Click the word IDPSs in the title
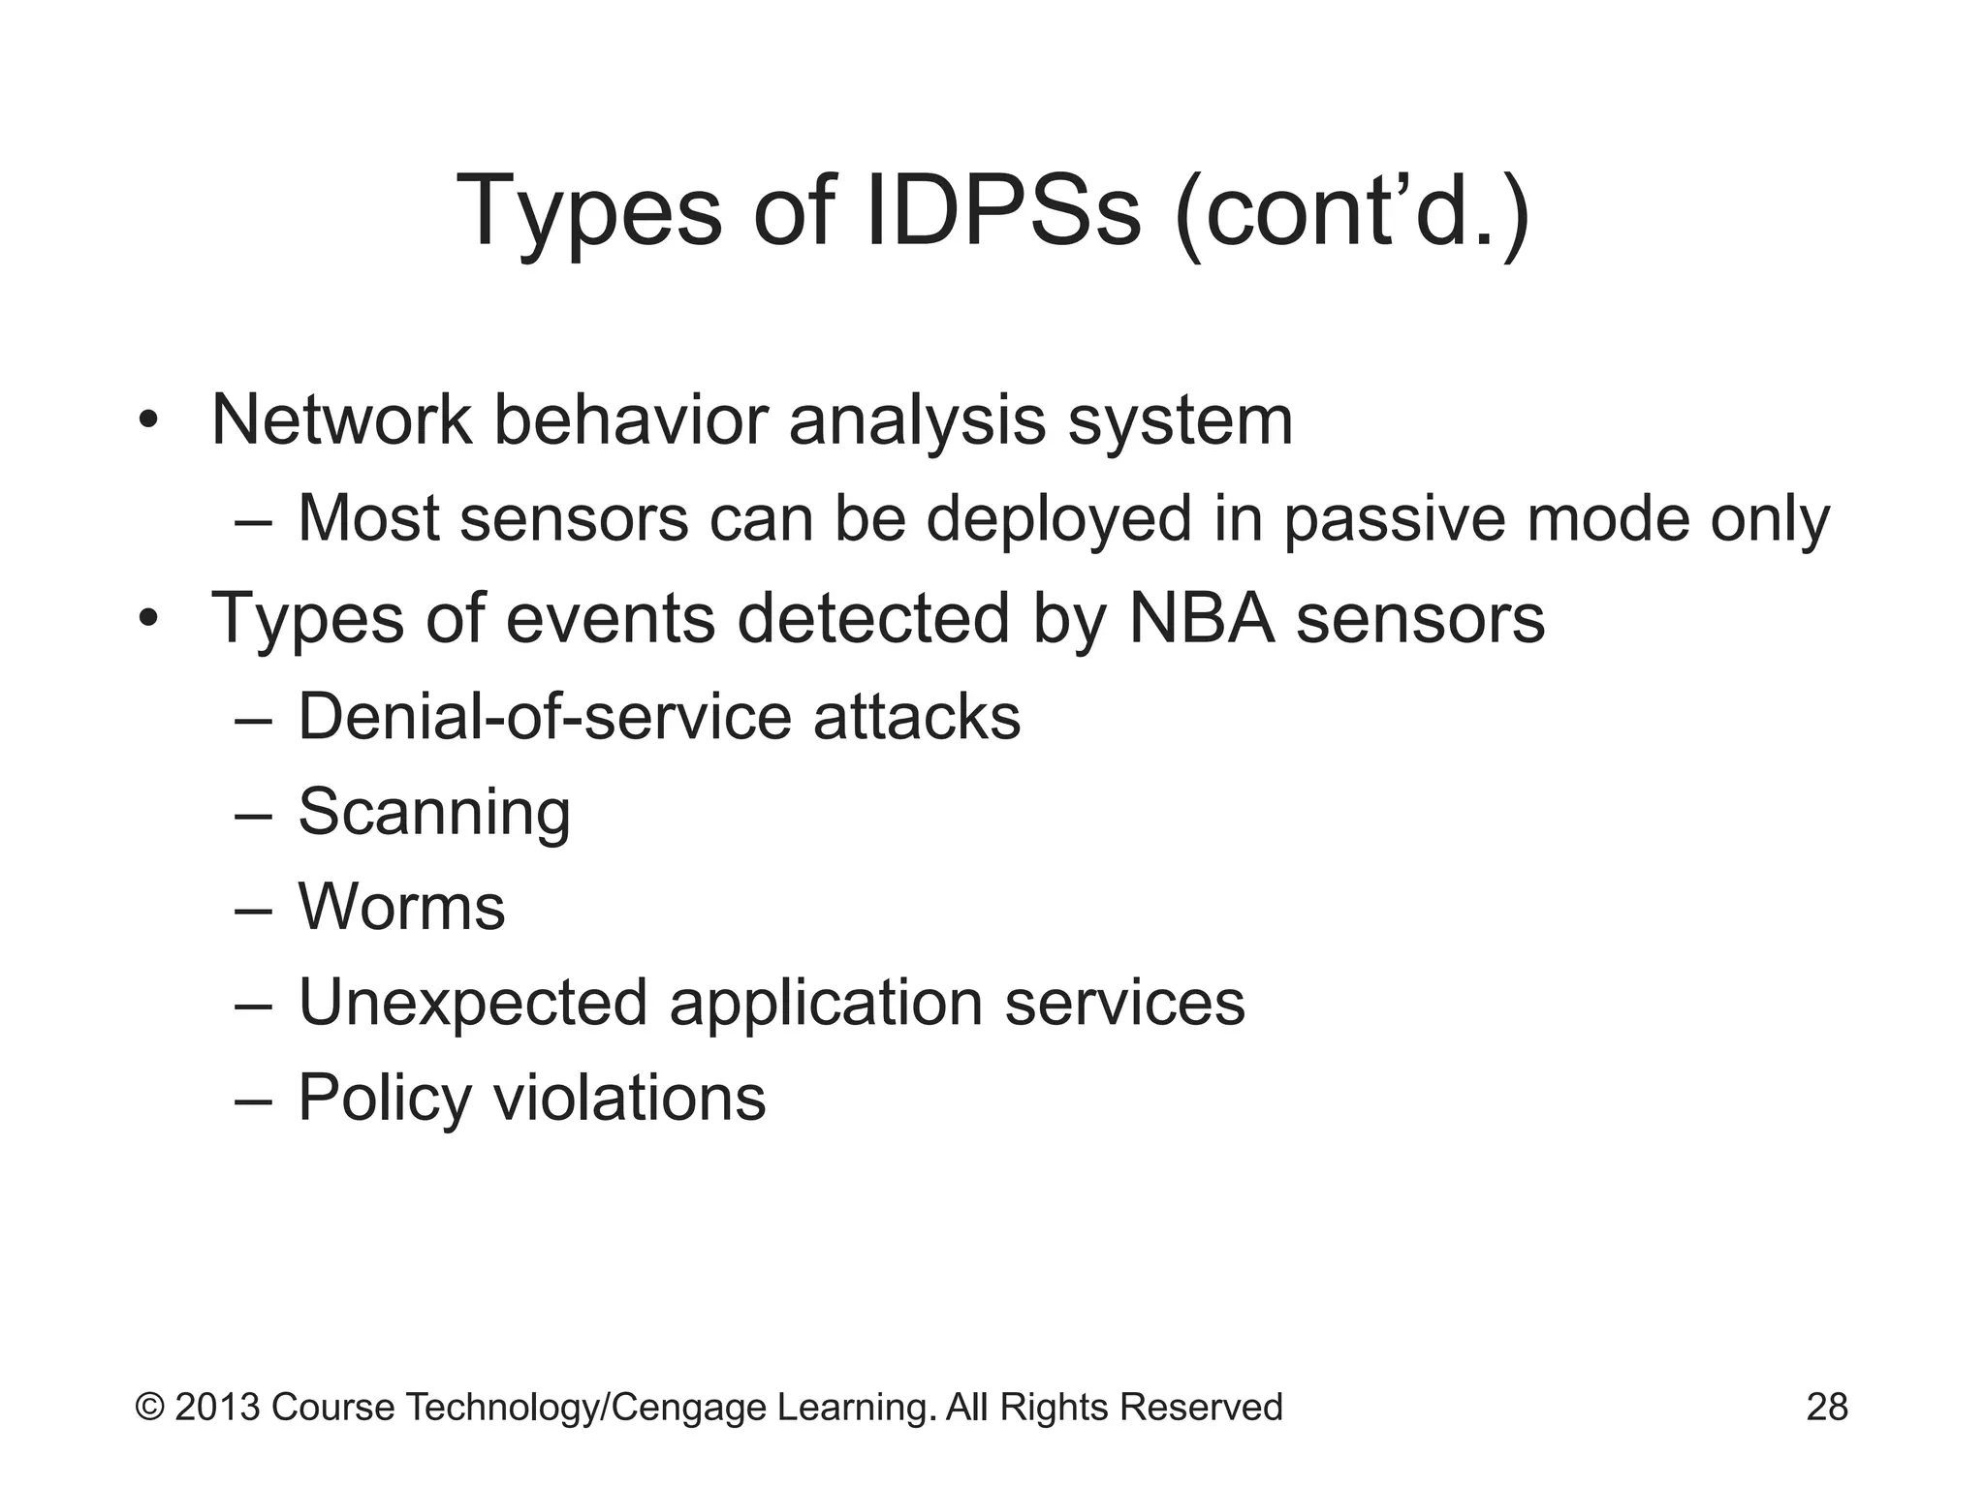coord(1002,211)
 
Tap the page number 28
coord(1827,1407)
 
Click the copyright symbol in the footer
coord(149,1407)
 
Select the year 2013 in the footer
coord(217,1407)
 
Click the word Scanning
coord(434,812)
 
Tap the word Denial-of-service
coord(545,717)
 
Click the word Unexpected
coord(473,1002)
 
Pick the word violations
coord(630,1097)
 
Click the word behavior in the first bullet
coord(630,420)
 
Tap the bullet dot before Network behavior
coord(147,422)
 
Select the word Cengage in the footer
coord(689,1407)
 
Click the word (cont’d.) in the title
coord(1352,211)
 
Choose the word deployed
coord(1058,519)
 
